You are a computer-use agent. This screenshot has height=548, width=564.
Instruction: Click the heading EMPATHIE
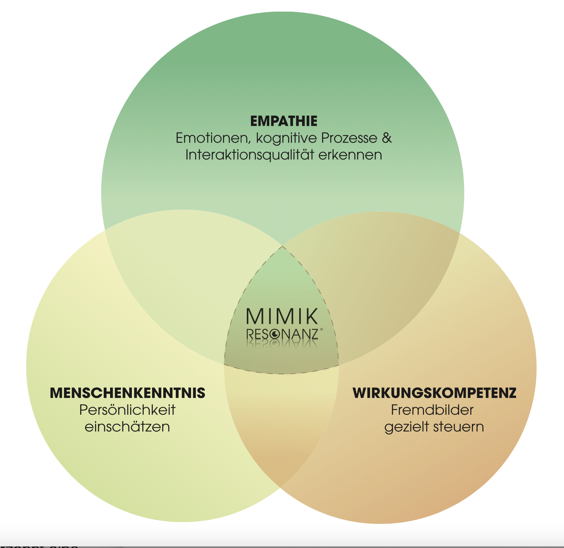283,121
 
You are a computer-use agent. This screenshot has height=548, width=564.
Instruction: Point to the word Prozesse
349,138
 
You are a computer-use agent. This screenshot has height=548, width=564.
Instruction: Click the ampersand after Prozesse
387,138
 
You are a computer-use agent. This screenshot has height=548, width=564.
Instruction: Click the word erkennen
350,155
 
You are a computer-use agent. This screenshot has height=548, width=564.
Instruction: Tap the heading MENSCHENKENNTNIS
128,393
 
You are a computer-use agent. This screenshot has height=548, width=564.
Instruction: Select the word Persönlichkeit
127,410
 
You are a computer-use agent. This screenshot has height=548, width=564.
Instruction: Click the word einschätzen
127,427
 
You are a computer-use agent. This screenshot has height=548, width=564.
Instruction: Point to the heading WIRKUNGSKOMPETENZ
434,393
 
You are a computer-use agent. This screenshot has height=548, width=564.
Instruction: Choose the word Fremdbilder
432,410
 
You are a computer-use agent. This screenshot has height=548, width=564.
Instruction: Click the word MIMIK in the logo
282,317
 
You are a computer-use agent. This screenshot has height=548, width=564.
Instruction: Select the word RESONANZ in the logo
282,334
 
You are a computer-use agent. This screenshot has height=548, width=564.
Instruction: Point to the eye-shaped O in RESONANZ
275,334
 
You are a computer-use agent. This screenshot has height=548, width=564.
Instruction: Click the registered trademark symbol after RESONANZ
321,329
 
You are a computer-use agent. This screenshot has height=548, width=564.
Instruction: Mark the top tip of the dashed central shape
282,246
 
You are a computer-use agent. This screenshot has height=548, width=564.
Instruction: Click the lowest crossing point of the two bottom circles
281,486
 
